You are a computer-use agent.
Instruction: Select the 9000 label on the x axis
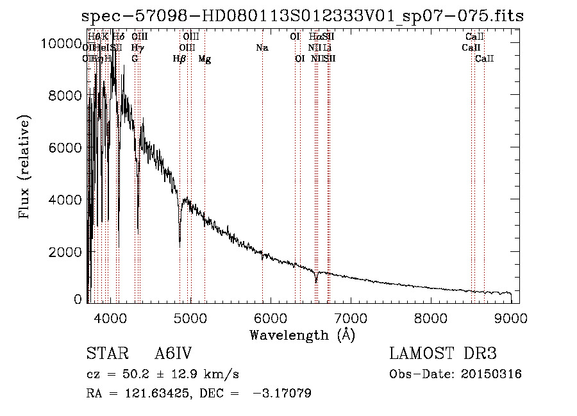click(x=511, y=317)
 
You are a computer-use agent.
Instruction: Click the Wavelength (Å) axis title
click(x=302, y=335)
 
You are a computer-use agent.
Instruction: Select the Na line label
click(x=262, y=48)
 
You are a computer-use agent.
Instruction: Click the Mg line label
click(x=205, y=59)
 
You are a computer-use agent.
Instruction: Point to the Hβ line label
click(x=180, y=59)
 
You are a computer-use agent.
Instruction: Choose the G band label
click(x=135, y=59)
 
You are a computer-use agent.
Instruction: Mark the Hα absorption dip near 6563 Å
click(x=315, y=280)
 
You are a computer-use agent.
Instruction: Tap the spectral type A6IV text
click(x=173, y=354)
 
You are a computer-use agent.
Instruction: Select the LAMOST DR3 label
click(x=443, y=354)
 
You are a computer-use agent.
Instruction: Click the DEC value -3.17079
click(x=283, y=394)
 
